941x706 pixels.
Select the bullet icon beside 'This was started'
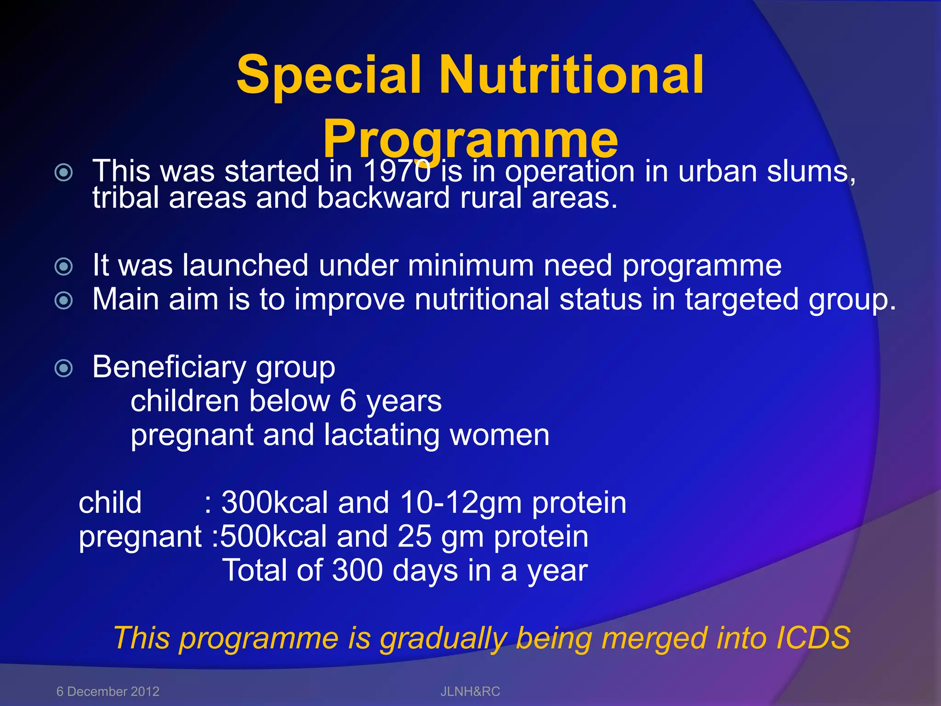(x=64, y=173)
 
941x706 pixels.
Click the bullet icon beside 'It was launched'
(x=64, y=267)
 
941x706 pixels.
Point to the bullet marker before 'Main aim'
(x=64, y=301)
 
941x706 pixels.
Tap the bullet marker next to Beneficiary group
(x=64, y=368)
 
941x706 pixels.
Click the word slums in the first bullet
(x=811, y=171)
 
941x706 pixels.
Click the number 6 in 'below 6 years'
(x=348, y=401)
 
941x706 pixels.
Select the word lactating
(x=381, y=435)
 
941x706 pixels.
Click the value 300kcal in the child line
(x=274, y=502)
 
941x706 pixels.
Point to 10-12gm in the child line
(x=461, y=502)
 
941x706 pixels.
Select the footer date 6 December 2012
(x=108, y=691)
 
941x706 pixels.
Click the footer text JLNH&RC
(x=470, y=691)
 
